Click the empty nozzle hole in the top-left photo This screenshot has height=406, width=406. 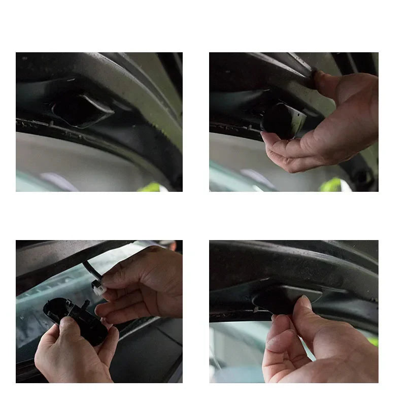76,109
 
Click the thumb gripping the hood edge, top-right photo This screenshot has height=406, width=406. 325,84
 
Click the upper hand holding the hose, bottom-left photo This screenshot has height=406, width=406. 142,284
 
